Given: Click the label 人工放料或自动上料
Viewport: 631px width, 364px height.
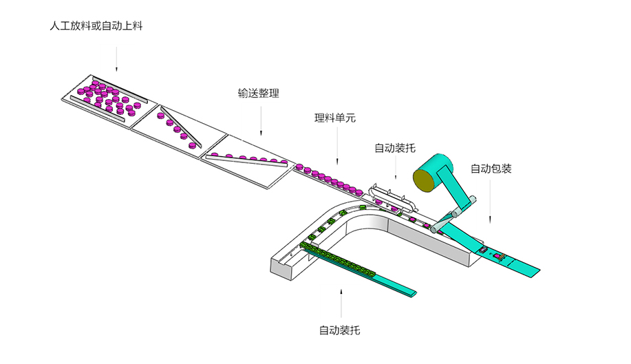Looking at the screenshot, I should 96,27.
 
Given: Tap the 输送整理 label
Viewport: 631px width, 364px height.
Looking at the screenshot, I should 258,94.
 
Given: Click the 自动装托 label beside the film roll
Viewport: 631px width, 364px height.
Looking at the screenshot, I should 394,147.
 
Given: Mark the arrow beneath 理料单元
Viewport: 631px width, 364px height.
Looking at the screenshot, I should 338,147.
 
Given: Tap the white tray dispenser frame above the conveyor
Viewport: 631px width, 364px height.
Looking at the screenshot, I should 393,197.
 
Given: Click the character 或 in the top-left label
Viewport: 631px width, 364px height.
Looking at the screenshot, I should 96,27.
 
